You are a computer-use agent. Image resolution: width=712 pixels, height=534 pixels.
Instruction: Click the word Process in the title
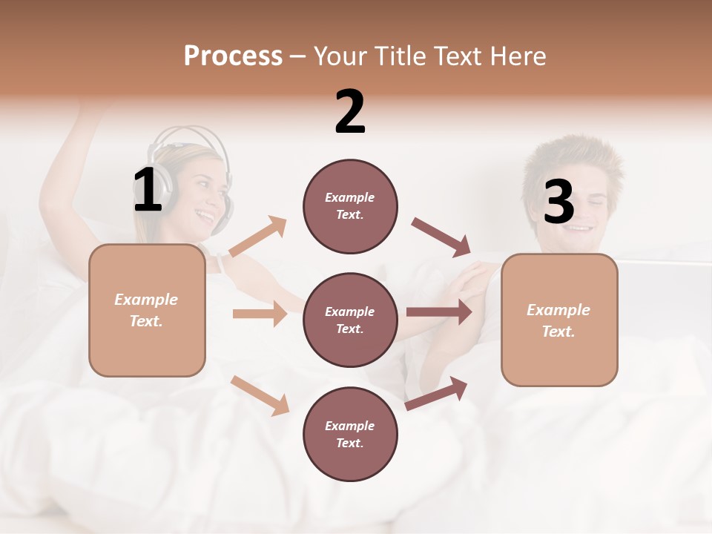tap(233, 56)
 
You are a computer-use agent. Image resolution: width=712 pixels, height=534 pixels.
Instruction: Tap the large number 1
tap(148, 191)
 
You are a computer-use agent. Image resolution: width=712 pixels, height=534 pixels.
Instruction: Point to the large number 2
tap(350, 112)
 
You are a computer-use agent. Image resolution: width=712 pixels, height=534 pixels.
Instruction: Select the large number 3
tap(558, 202)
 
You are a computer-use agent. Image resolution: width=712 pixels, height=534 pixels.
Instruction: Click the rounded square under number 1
tap(147, 310)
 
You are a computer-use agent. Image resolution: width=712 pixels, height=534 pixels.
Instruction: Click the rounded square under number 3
tap(559, 320)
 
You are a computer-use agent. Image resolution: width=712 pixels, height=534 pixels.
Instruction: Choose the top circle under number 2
tap(350, 206)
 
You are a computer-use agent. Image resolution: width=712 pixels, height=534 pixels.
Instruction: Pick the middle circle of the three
tap(350, 320)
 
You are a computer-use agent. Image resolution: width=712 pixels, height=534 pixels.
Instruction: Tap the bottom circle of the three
tap(350, 434)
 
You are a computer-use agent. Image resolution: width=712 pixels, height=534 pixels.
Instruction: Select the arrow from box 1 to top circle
tap(258, 237)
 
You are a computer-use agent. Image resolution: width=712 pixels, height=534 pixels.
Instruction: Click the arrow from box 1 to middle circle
tap(260, 314)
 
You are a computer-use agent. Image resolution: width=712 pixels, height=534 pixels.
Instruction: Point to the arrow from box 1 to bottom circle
tap(260, 395)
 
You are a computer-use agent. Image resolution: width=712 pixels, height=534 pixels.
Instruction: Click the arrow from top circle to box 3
tap(441, 237)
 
